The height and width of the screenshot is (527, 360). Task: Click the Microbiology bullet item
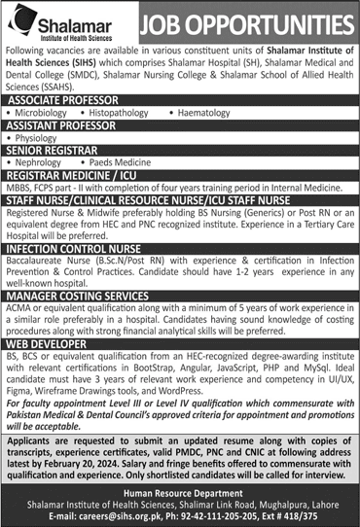pyautogui.click(x=49, y=113)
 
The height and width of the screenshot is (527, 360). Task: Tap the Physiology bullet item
pyautogui.click(x=43, y=139)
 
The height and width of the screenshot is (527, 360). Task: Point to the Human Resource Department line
pyautogui.click(x=180, y=495)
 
